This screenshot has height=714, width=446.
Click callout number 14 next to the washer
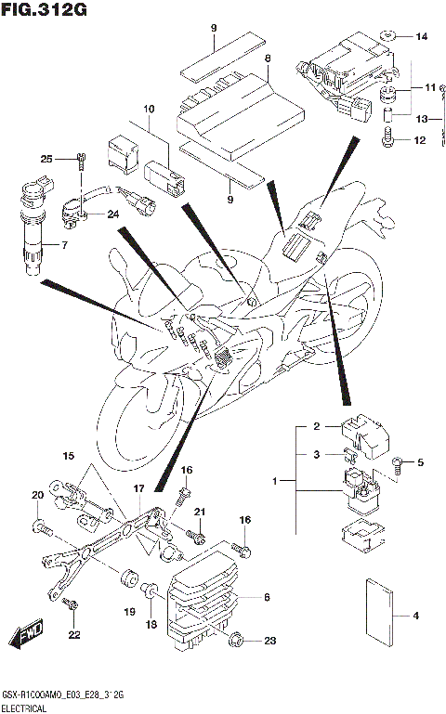[421, 37]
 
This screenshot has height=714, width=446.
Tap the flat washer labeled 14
[391, 37]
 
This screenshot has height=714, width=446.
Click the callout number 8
[268, 58]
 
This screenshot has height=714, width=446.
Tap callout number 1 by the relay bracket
[274, 482]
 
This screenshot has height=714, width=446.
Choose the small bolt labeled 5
[399, 461]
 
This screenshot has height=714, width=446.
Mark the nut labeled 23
[237, 639]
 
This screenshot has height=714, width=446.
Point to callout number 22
[72, 634]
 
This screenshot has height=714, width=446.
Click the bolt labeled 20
[41, 528]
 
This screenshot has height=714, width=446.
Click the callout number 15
[68, 456]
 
